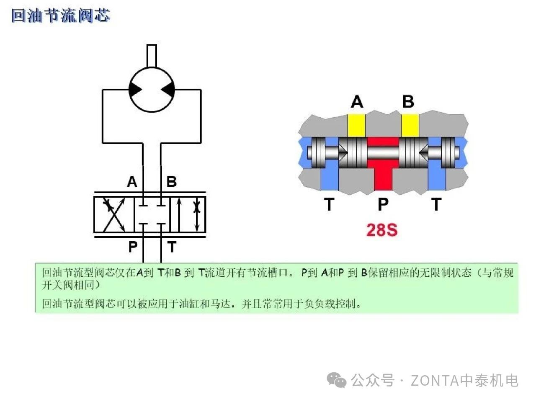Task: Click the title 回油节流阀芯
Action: click(61, 15)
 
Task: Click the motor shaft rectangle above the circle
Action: click(152, 56)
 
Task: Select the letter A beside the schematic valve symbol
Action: click(132, 181)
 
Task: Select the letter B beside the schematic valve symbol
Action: click(171, 181)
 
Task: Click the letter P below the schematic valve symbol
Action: click(133, 247)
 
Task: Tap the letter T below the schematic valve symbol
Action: click(172, 247)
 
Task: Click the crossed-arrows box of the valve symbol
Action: click(114, 214)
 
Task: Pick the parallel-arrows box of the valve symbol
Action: click(188, 214)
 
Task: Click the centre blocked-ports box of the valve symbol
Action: click(152, 214)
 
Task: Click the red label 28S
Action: click(381, 230)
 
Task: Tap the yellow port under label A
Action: click(356, 125)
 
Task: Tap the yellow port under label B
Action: click(410, 125)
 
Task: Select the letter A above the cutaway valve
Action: click(357, 101)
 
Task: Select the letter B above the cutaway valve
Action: click(408, 101)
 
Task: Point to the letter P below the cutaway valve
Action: click(383, 204)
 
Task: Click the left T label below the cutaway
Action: click(329, 204)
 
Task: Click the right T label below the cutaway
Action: click(436, 204)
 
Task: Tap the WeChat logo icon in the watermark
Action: click(337, 380)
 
